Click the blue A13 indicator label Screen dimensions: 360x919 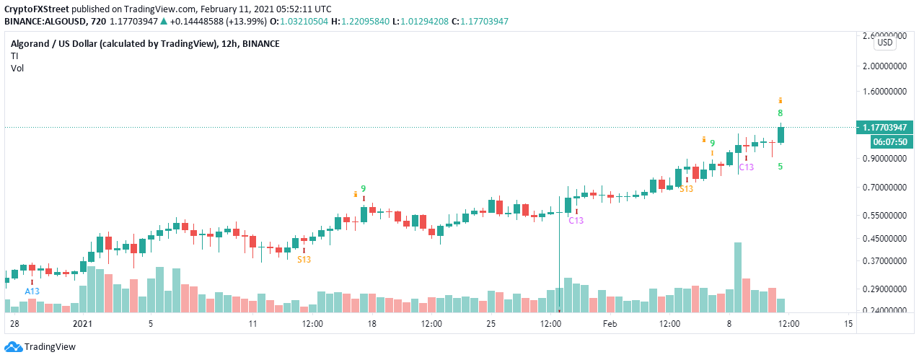(x=32, y=291)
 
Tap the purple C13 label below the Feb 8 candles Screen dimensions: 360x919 (x=746, y=167)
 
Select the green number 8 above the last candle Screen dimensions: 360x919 (x=780, y=113)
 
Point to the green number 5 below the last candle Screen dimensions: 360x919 (x=780, y=167)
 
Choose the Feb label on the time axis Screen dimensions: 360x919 (x=610, y=324)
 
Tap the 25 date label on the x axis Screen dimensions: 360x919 (x=491, y=324)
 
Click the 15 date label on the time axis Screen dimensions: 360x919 (x=848, y=324)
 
